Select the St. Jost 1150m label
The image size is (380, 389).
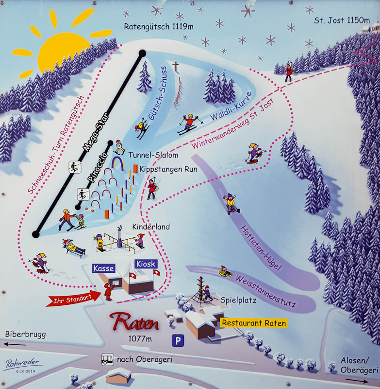(335, 21)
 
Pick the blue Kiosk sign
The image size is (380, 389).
(146, 264)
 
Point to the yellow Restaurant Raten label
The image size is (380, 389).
(253, 323)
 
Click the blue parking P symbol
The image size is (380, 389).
(178, 341)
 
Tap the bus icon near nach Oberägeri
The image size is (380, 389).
(107, 360)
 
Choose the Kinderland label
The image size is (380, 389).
(151, 227)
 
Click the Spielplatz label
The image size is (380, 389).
(238, 300)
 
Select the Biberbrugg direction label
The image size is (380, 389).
(22, 334)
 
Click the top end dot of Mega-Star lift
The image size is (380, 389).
(142, 53)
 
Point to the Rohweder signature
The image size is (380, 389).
(22, 364)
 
